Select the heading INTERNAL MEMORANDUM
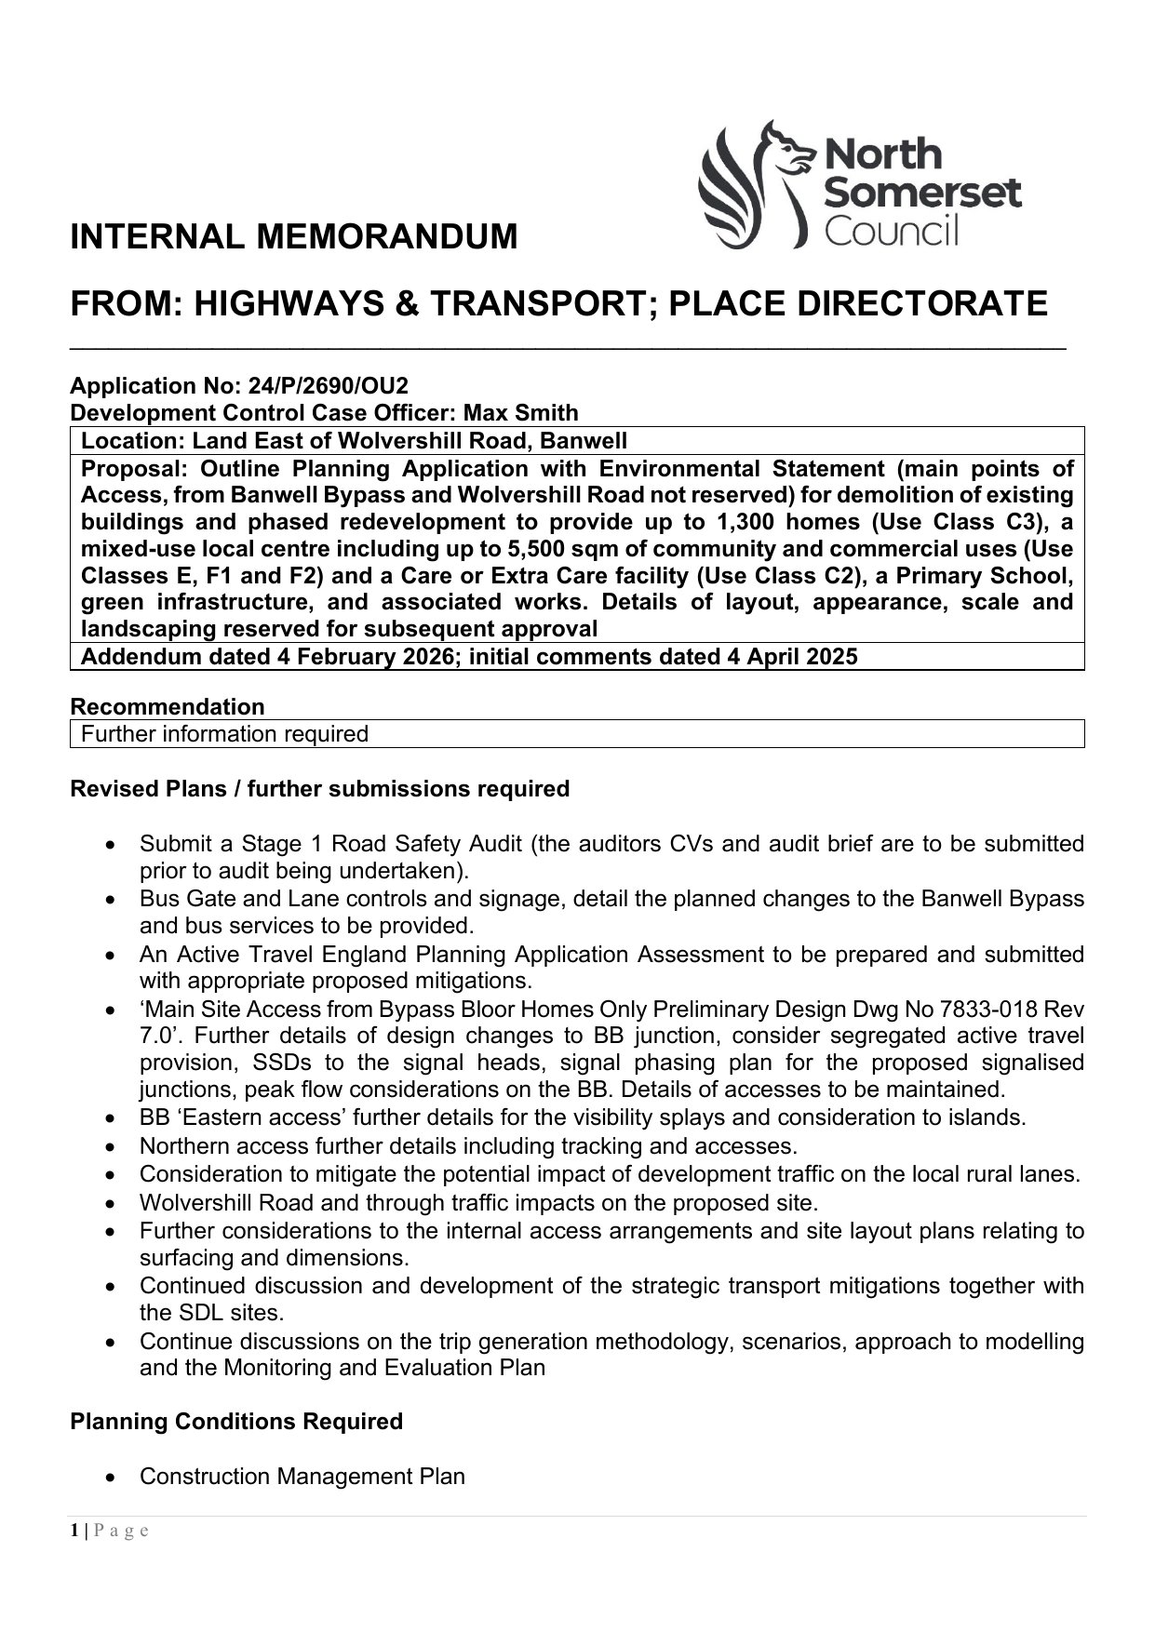[x=294, y=237]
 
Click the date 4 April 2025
[x=784, y=657]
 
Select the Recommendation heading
[x=168, y=706]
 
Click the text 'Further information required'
[x=225, y=734]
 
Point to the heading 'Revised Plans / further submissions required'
[x=319, y=789]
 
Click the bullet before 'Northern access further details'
[x=112, y=1147]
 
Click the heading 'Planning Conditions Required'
[x=236, y=1422]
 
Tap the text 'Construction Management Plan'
[x=302, y=1477]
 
